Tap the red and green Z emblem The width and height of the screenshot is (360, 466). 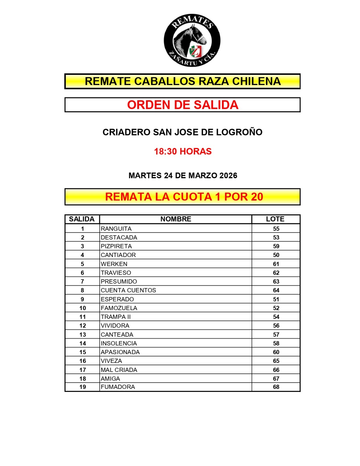(x=195, y=52)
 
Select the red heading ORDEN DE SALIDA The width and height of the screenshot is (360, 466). (x=183, y=105)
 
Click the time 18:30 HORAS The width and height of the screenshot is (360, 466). (x=183, y=151)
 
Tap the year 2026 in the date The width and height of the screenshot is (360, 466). (x=228, y=176)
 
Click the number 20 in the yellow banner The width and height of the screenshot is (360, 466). (x=257, y=197)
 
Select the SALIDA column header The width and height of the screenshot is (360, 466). (x=82, y=219)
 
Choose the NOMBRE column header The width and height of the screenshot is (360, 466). (x=176, y=219)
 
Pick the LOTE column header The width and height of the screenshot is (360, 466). (x=275, y=219)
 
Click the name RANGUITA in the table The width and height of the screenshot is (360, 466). (x=116, y=229)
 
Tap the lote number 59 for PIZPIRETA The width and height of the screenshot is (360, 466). (x=276, y=246)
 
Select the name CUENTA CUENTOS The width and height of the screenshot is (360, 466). (x=128, y=290)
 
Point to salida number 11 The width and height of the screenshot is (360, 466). (x=82, y=317)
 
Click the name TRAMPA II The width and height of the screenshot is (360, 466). (x=116, y=317)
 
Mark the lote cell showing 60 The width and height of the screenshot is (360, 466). (x=276, y=352)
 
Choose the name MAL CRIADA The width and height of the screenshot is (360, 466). (x=119, y=370)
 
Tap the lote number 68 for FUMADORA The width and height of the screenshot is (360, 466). (x=276, y=387)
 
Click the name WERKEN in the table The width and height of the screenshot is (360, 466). (x=114, y=264)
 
